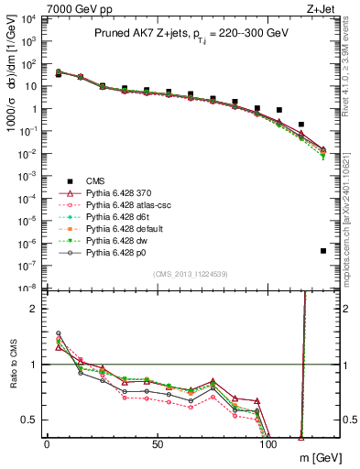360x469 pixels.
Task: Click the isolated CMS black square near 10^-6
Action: click(x=323, y=251)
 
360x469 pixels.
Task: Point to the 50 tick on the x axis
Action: click(x=158, y=444)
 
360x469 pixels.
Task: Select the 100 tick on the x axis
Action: click(x=268, y=444)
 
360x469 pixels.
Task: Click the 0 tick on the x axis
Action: click(x=47, y=444)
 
